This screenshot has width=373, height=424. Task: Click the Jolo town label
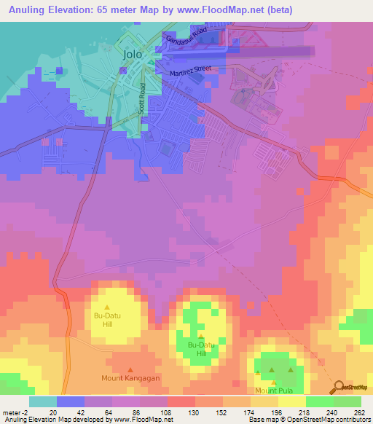click(132, 54)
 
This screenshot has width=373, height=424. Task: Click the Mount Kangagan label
click(130, 378)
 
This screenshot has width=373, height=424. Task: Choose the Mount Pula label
click(272, 390)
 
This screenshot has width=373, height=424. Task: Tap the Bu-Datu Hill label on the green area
click(201, 349)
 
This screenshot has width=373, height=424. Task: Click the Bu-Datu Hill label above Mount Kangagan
click(108, 320)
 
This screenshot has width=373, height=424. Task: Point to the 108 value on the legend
click(167, 412)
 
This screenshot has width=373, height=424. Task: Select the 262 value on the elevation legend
click(358, 412)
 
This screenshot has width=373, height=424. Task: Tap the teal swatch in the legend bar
click(43, 401)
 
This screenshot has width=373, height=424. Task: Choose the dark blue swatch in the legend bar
click(71, 401)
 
